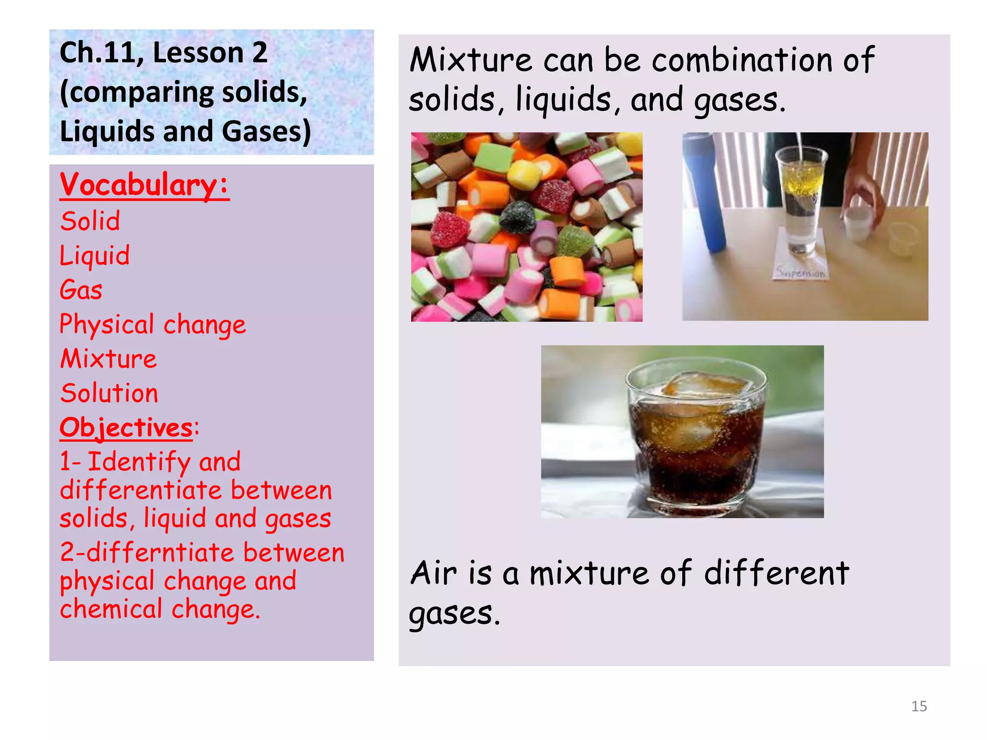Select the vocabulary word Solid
pyautogui.click(x=90, y=222)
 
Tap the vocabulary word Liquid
pyautogui.click(x=94, y=256)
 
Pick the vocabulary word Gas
pyautogui.click(x=81, y=291)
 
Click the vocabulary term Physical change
pyautogui.click(x=152, y=325)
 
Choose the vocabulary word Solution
pyautogui.click(x=109, y=393)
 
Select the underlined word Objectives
pyautogui.click(x=126, y=428)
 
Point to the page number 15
pyautogui.click(x=919, y=706)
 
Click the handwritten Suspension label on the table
pyautogui.click(x=800, y=273)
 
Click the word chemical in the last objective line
pyautogui.click(x=110, y=609)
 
